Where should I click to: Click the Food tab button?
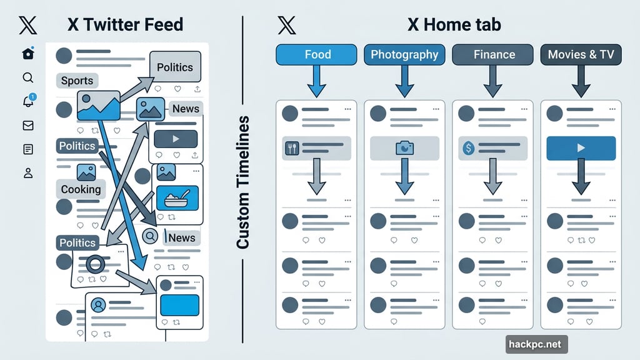316,54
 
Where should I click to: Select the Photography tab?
404,54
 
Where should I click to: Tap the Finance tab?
493,54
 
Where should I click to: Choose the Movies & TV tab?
581,54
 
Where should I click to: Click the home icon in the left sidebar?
27,54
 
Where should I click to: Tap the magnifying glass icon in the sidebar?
27,77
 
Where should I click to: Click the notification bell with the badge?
28,101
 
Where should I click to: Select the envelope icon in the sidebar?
27,126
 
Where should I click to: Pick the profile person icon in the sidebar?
27,173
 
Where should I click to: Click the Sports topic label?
77,81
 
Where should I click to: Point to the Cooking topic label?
81,189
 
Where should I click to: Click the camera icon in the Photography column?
404,148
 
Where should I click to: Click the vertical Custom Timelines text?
242,182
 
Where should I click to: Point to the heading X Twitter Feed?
125,25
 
